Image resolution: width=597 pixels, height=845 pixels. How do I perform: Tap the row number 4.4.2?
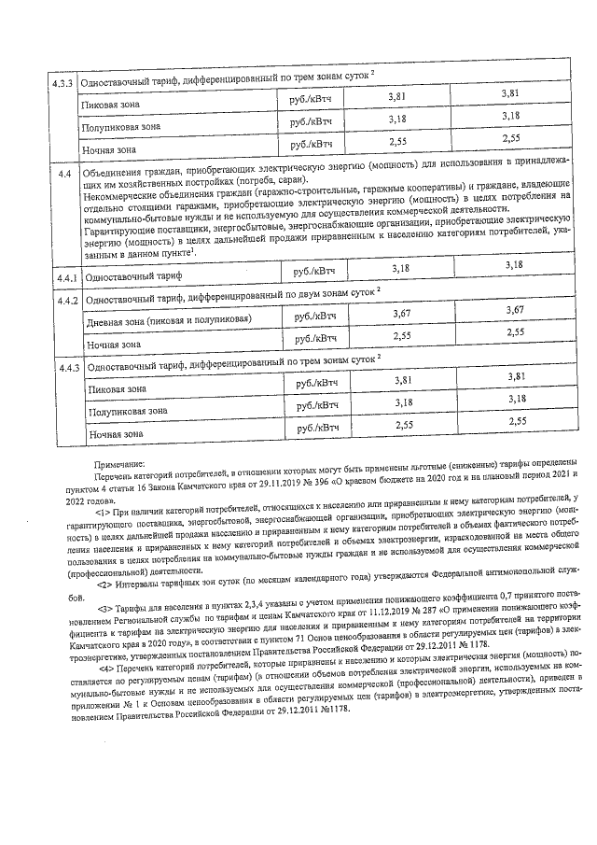pyautogui.click(x=66, y=300)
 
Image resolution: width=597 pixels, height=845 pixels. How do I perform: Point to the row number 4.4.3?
pyautogui.click(x=66, y=365)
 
